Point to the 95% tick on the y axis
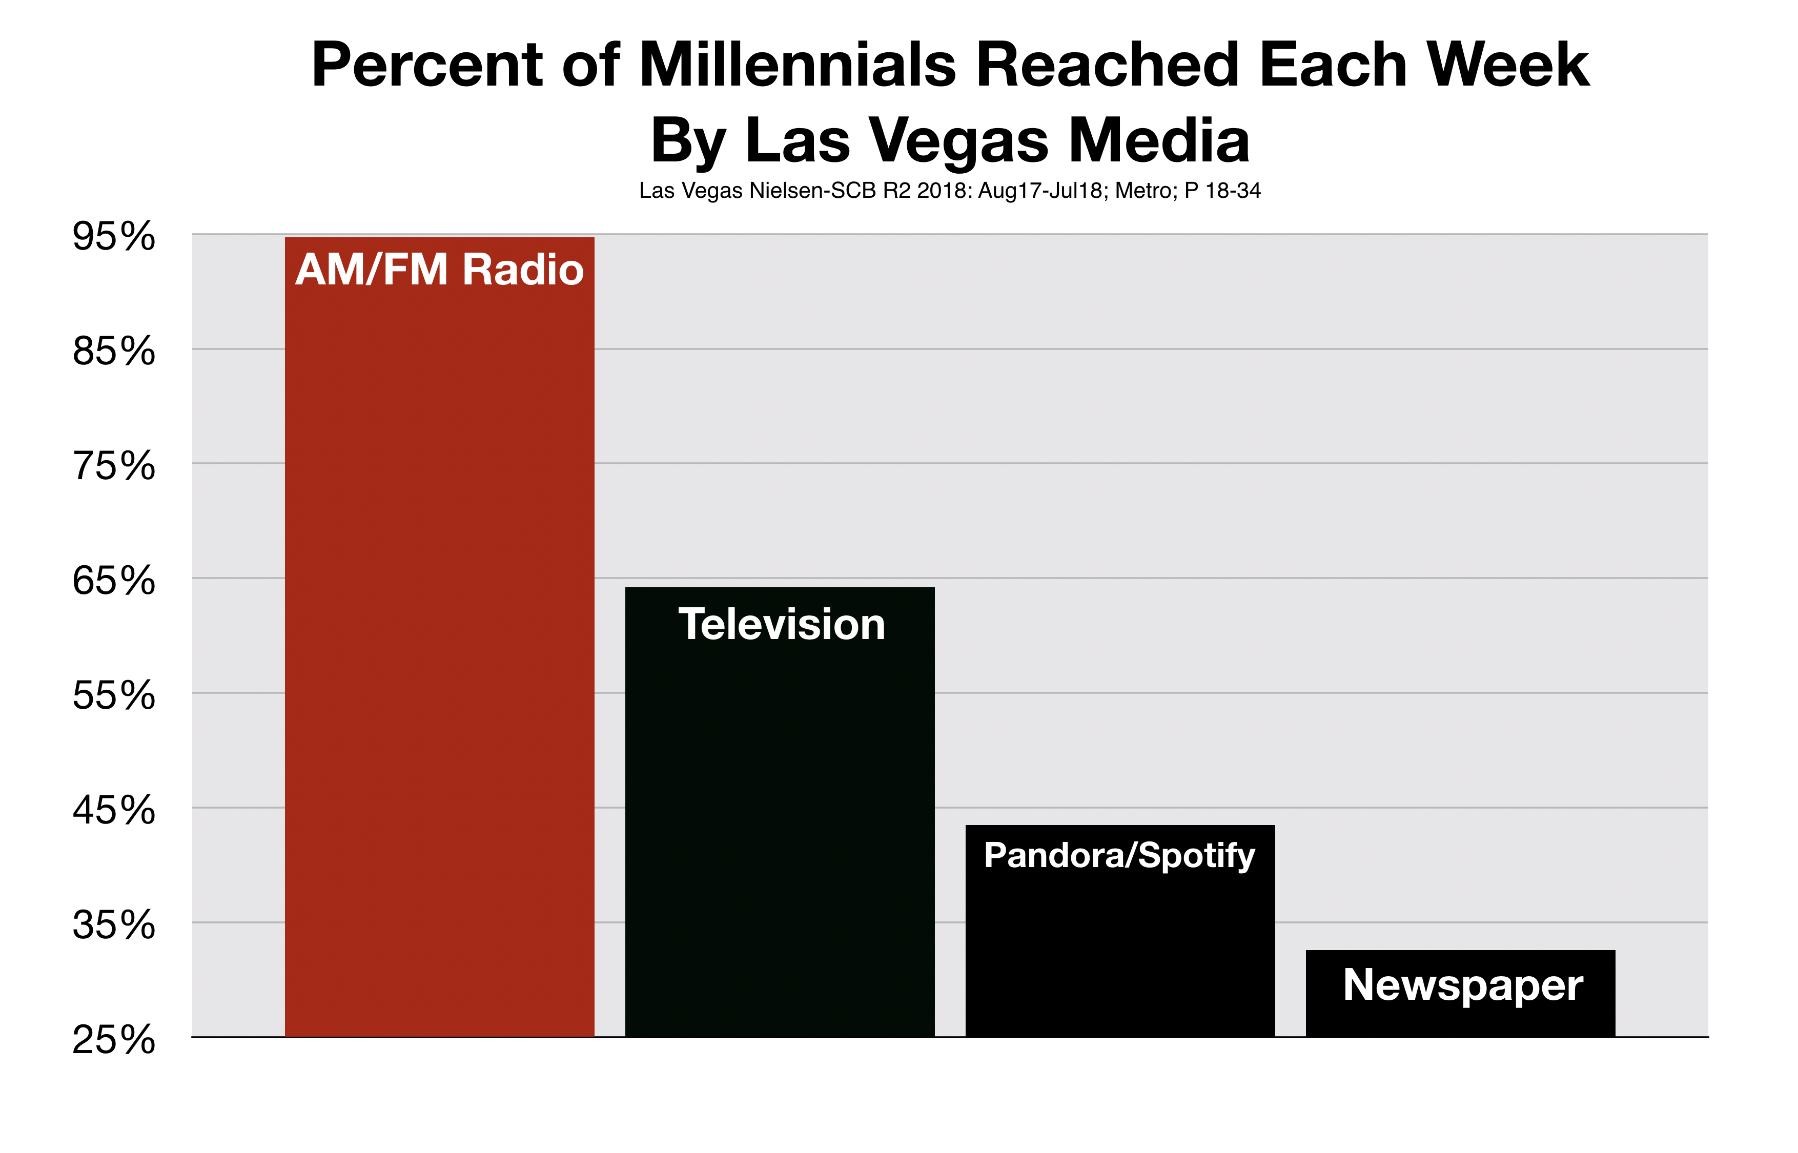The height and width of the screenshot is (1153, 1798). (x=114, y=237)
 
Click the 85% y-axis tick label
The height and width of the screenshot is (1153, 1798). (x=114, y=351)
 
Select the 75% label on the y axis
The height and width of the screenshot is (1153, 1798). (x=114, y=466)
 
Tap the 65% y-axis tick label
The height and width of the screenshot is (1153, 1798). (x=114, y=581)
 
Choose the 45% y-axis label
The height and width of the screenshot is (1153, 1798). (x=114, y=811)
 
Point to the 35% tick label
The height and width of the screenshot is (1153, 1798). (x=114, y=925)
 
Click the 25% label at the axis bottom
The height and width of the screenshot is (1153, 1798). (x=114, y=1040)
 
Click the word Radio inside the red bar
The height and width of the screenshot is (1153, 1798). (x=523, y=270)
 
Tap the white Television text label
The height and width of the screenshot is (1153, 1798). (x=782, y=625)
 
